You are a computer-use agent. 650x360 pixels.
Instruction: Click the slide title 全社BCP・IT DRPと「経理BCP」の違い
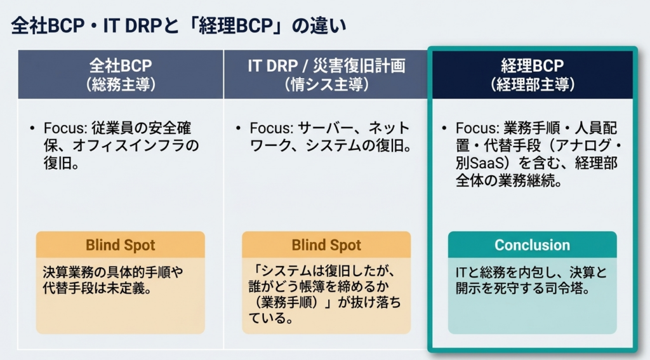(x=178, y=25)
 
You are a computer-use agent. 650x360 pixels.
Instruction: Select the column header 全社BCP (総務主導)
(x=121, y=74)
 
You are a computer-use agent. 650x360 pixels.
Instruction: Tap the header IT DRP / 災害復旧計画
(x=326, y=65)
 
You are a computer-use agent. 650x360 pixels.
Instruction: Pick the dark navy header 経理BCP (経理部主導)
(x=533, y=74)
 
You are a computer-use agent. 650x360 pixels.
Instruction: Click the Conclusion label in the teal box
(x=533, y=245)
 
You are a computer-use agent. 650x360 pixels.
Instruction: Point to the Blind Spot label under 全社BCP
(x=120, y=245)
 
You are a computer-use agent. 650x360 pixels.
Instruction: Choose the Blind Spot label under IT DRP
(x=326, y=245)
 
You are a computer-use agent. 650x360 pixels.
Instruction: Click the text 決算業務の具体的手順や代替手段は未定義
(x=113, y=280)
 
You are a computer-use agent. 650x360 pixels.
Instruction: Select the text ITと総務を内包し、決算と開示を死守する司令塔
(x=531, y=280)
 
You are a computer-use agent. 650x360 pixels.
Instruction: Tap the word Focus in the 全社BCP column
(x=63, y=128)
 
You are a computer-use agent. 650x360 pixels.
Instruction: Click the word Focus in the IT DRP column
(x=269, y=128)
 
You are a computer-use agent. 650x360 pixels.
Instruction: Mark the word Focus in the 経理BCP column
(x=475, y=128)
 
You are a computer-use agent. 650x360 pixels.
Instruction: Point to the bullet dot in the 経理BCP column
(x=444, y=128)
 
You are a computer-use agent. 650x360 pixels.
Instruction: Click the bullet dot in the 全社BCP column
(x=32, y=128)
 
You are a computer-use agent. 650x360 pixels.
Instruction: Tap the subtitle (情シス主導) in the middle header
(x=326, y=84)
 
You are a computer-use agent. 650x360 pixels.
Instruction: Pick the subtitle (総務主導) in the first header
(x=121, y=84)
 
